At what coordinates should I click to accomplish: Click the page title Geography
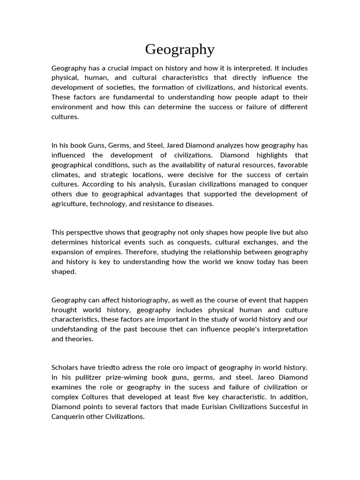click(x=180, y=49)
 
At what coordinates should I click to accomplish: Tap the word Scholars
click(x=66, y=367)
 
